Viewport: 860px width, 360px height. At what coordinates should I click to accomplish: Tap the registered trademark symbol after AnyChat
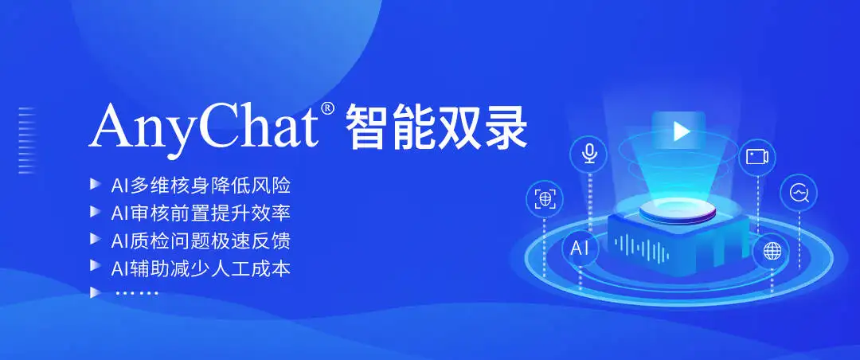pyautogui.click(x=327, y=108)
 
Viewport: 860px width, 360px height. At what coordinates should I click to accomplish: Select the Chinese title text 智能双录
pyautogui.click(x=436, y=128)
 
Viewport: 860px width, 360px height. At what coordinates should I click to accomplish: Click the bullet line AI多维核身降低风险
pyautogui.click(x=200, y=186)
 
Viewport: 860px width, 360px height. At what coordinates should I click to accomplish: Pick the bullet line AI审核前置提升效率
pyautogui.click(x=200, y=213)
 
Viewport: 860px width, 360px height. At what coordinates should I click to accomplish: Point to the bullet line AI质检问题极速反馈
pyautogui.click(x=200, y=241)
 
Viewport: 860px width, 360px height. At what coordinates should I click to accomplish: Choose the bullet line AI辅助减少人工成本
pyautogui.click(x=200, y=268)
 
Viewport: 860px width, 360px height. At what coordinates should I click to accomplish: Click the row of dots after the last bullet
pyautogui.click(x=137, y=293)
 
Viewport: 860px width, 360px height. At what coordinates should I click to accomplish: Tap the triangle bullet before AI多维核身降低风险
pyautogui.click(x=95, y=184)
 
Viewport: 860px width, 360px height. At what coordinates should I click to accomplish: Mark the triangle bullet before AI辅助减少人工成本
pyautogui.click(x=95, y=266)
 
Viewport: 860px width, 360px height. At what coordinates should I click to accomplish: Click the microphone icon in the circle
pyautogui.click(x=589, y=153)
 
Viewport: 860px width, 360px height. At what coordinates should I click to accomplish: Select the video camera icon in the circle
pyautogui.click(x=757, y=157)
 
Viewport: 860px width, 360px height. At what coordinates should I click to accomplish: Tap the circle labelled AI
pyautogui.click(x=580, y=248)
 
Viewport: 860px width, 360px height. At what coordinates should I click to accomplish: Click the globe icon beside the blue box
pyautogui.click(x=772, y=252)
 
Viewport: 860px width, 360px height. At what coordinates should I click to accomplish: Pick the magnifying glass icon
pyautogui.click(x=799, y=194)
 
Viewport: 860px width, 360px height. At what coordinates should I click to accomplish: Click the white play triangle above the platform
pyautogui.click(x=681, y=131)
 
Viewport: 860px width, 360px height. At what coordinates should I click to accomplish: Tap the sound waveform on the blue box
pyautogui.click(x=641, y=248)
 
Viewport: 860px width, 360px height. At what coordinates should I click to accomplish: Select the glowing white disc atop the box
pyautogui.click(x=678, y=211)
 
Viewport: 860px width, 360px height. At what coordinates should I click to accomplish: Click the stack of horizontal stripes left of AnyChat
pyautogui.click(x=27, y=140)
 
